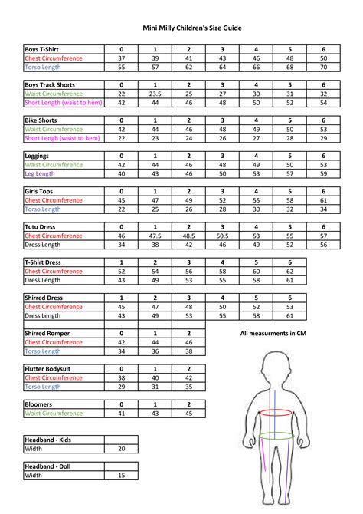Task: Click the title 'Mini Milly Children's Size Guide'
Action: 181,27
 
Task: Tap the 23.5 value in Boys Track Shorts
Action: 155,94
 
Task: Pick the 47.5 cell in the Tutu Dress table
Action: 155,236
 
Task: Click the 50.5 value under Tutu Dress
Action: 222,236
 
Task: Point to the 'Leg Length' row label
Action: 44,174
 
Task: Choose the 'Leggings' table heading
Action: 38,155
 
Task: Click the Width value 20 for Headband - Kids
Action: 121,449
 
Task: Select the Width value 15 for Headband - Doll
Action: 121,476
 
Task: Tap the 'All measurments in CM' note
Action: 273,334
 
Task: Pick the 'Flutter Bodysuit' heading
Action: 51,369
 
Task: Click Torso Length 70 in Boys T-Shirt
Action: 323,68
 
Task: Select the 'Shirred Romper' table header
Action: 50,334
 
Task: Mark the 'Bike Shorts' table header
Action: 41,120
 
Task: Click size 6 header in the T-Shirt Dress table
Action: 289,262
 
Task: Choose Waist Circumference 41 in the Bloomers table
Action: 121,414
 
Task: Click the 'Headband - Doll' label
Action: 51,466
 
